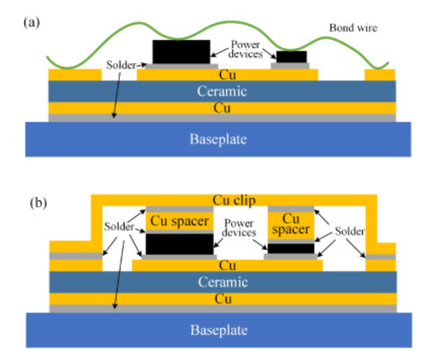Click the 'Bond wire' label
tap(353, 28)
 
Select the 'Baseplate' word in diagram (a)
tap(218, 139)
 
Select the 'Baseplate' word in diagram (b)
tap(218, 330)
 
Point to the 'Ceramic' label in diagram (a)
tap(222, 91)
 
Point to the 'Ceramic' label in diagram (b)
tap(222, 281)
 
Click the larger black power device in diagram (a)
tap(181, 51)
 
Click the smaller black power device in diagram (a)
tap(291, 57)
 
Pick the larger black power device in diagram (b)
tap(179, 244)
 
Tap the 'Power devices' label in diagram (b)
tap(240, 228)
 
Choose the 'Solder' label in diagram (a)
tap(120, 64)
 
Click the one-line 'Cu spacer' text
tap(179, 221)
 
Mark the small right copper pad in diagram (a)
tap(380, 75)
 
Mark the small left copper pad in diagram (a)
tap(75, 75)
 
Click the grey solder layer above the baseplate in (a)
tap(222, 117)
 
